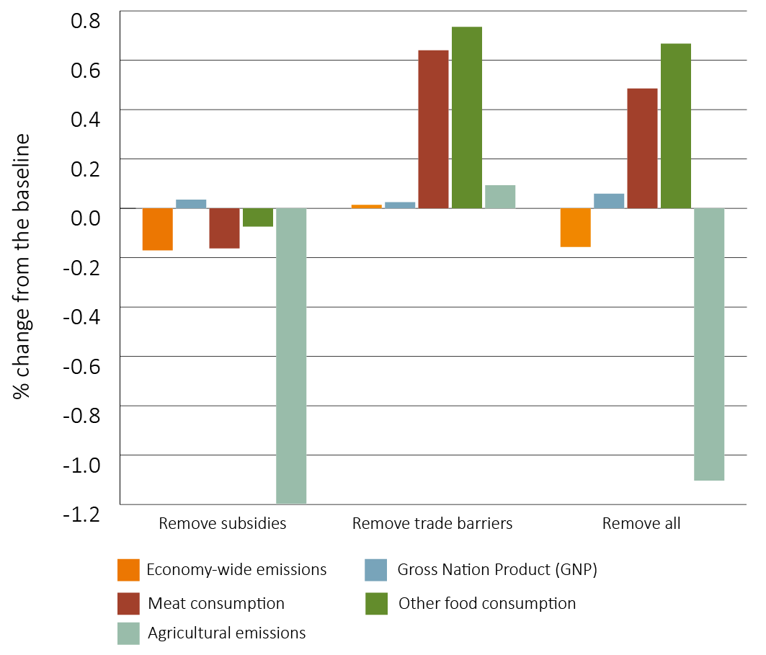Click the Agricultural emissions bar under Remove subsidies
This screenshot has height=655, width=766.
pyautogui.click(x=291, y=355)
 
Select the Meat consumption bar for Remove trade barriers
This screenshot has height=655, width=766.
pyautogui.click(x=433, y=129)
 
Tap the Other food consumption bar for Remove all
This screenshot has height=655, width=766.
pyautogui.click(x=675, y=125)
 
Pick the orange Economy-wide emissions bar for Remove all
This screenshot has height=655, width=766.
pyautogui.click(x=575, y=228)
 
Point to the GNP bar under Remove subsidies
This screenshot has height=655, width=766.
pyautogui.click(x=191, y=204)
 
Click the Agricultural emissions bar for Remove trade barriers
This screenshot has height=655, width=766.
pyautogui.click(x=499, y=197)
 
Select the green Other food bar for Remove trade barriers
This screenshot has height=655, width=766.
pyautogui.click(x=466, y=117)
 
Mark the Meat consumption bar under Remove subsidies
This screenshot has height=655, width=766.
pyautogui.click(x=224, y=228)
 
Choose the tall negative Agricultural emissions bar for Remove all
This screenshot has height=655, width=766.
pyautogui.click(x=708, y=344)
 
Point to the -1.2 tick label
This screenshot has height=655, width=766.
pyautogui.click(x=81, y=513)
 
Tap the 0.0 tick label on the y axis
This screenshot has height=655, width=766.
pyautogui.click(x=85, y=216)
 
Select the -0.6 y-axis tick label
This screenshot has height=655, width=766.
pyautogui.click(x=81, y=365)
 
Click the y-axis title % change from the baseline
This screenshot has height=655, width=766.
pyautogui.click(x=22, y=267)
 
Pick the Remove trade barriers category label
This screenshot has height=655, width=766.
pyautogui.click(x=432, y=524)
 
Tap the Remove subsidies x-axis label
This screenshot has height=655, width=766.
pyautogui.click(x=223, y=524)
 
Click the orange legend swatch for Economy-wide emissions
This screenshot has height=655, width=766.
pyautogui.click(x=128, y=570)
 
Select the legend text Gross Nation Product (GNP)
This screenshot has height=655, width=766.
pyautogui.click(x=497, y=570)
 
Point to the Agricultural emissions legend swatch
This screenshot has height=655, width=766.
pyautogui.click(x=128, y=633)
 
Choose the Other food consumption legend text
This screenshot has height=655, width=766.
pyautogui.click(x=487, y=603)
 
